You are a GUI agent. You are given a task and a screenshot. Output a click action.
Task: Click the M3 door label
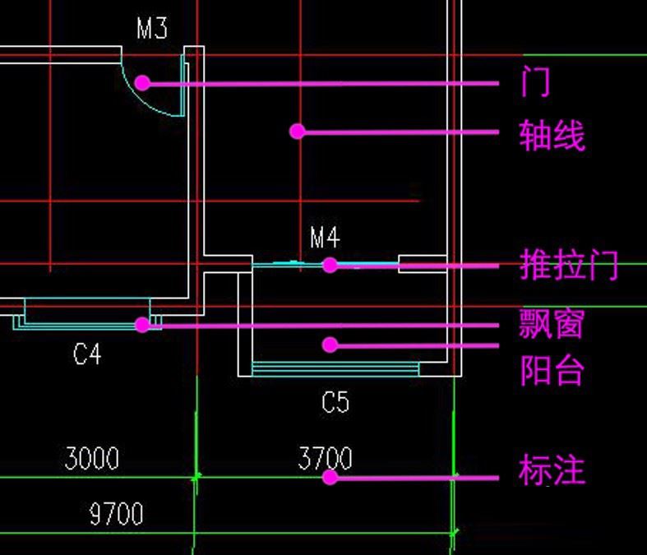pos(151,30)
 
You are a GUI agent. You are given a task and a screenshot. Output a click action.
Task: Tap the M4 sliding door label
pos(325,238)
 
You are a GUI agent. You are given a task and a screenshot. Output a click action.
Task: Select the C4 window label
pos(87,354)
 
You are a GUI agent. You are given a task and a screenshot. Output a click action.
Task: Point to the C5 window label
pos(335,402)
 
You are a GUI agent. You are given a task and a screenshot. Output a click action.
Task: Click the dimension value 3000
pos(91,458)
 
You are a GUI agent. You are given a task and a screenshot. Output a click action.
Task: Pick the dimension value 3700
pos(325,458)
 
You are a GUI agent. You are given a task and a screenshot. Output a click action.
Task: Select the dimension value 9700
pos(116,515)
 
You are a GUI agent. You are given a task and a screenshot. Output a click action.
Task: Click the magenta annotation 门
pos(535,82)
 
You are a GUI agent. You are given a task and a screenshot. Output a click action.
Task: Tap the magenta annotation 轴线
pos(552,135)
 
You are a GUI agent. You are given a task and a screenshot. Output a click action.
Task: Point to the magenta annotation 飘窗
pos(551,324)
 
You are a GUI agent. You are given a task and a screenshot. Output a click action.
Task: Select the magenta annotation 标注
pos(552,470)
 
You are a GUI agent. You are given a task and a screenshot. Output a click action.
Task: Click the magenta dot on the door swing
pos(142,82)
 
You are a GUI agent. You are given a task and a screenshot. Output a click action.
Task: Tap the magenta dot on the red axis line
pos(298,131)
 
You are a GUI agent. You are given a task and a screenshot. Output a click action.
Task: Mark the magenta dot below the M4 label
pos(330,265)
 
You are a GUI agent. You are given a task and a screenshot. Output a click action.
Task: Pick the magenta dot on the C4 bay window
pos(142,325)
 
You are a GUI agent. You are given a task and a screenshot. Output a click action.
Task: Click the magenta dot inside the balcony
pos(330,345)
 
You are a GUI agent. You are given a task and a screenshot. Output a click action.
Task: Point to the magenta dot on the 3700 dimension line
pos(330,476)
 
